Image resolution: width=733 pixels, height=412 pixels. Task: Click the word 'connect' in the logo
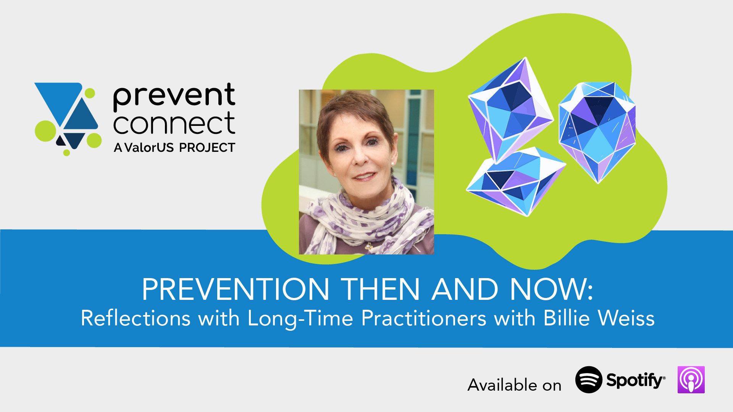[x=174, y=124]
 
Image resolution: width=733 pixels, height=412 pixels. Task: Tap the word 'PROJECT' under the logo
[x=207, y=148]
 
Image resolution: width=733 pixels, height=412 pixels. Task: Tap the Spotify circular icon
[x=589, y=380]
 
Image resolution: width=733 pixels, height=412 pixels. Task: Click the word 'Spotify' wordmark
[x=635, y=380]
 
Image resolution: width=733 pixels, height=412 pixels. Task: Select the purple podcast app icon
[x=691, y=380]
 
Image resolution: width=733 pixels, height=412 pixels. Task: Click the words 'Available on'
[x=514, y=385]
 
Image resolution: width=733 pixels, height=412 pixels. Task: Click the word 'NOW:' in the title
[x=551, y=289]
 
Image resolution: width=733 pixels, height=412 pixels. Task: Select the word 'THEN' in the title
[x=380, y=289]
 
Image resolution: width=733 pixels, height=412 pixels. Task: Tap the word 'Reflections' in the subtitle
[x=136, y=318]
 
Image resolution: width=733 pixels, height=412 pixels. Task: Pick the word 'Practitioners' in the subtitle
[x=424, y=318]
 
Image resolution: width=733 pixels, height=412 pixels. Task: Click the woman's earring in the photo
[x=393, y=164]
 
